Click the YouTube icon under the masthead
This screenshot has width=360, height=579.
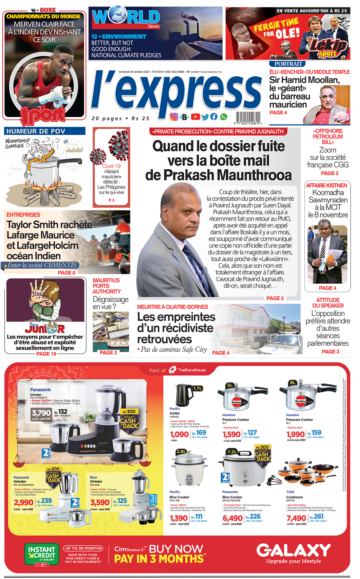coord(195,117)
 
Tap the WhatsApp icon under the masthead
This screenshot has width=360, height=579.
coord(223,117)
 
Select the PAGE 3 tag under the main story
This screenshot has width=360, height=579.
coord(275,298)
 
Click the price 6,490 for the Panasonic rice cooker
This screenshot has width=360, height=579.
coord(232,518)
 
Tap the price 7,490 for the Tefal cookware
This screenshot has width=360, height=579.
coord(296,518)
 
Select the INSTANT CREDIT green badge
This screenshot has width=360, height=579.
coord(42,554)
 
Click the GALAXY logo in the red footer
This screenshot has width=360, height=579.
coord(293,550)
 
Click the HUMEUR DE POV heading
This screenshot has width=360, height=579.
coord(36,131)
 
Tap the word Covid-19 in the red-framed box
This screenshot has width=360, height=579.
coord(111,166)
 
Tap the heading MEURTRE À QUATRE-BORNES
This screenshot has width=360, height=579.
coord(172,307)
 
